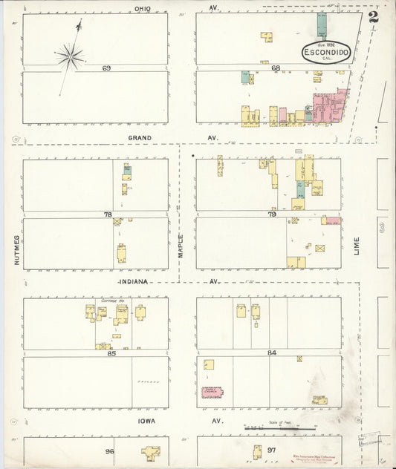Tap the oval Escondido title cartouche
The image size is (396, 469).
point(326,53)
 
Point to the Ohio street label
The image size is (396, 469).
point(143,8)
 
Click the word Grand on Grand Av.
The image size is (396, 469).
point(139,137)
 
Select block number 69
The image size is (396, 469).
point(107,68)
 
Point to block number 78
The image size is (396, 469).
point(107,214)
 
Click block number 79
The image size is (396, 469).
point(272,214)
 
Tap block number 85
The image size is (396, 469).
point(111,353)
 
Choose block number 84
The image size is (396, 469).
point(272,352)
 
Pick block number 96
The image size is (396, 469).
point(108,451)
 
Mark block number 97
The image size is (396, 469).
point(271,451)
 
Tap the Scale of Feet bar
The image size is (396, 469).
point(272,428)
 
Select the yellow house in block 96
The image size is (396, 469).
point(152,452)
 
